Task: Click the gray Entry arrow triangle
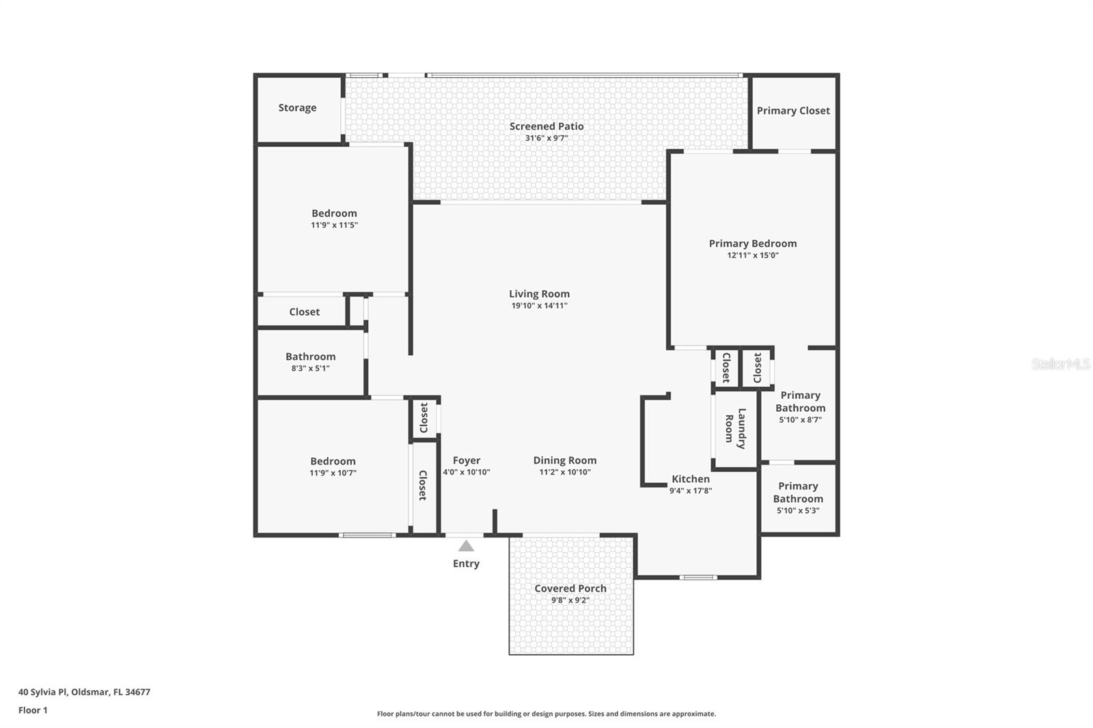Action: pyautogui.click(x=466, y=546)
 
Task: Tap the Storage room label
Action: pyautogui.click(x=297, y=108)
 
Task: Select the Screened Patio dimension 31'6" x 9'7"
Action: pyautogui.click(x=546, y=138)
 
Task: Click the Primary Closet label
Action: pyautogui.click(x=793, y=111)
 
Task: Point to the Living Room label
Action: pyautogui.click(x=539, y=294)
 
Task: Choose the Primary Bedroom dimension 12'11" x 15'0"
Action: pyautogui.click(x=752, y=255)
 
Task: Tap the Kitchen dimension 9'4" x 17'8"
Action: pyautogui.click(x=690, y=490)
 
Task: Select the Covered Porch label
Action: pyautogui.click(x=570, y=588)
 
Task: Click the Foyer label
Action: pyautogui.click(x=467, y=460)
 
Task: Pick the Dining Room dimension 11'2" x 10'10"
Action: pyautogui.click(x=565, y=472)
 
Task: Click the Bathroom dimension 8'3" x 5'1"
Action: pyautogui.click(x=310, y=368)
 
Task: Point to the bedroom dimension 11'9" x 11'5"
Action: pyautogui.click(x=334, y=225)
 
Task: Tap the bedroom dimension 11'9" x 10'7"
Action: pyautogui.click(x=333, y=473)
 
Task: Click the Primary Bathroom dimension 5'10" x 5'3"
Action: pyautogui.click(x=798, y=510)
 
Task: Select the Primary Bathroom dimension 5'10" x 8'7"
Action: pyautogui.click(x=800, y=419)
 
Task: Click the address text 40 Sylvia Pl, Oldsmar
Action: pyautogui.click(x=84, y=692)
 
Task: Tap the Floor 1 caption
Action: pyautogui.click(x=33, y=710)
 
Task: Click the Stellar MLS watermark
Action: pyautogui.click(x=1060, y=364)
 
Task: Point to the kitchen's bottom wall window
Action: pyautogui.click(x=698, y=578)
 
